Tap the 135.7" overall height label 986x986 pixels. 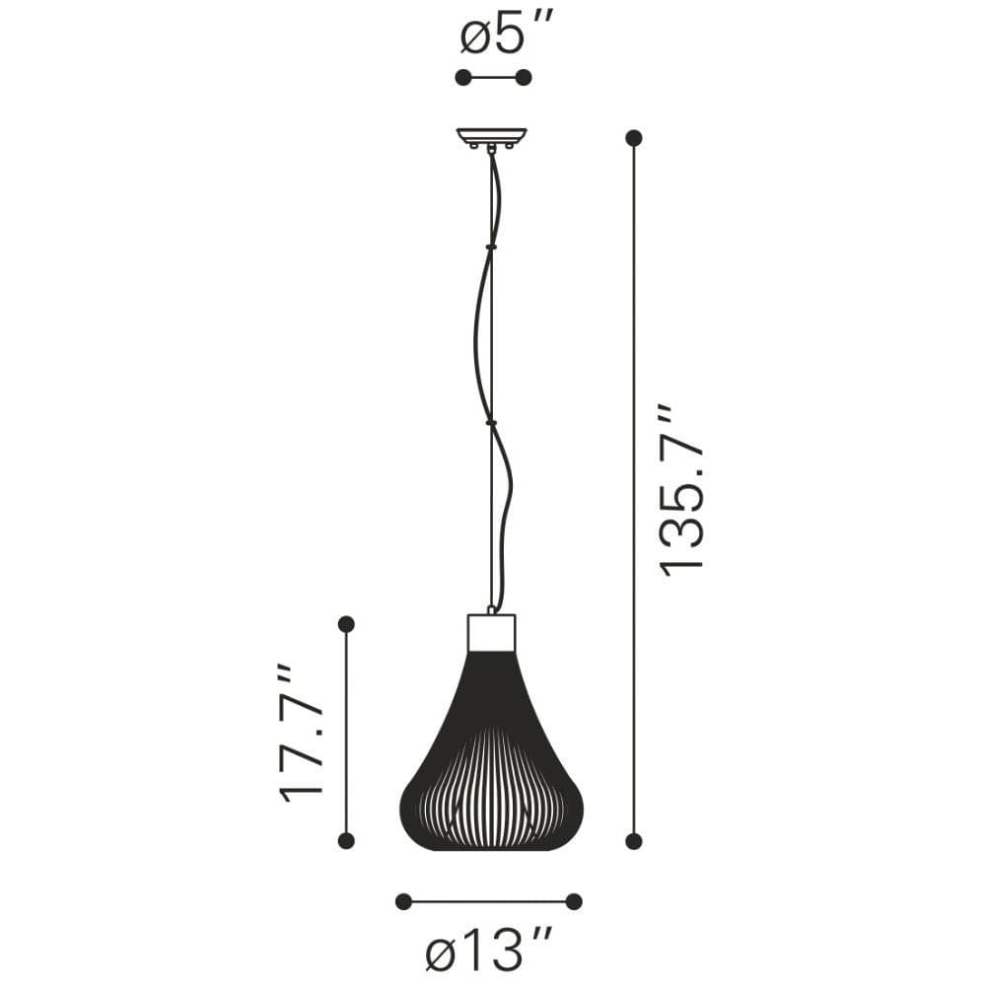pyautogui.click(x=681, y=489)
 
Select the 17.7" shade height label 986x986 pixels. pyautogui.click(x=301, y=732)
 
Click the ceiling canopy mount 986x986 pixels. pyautogui.click(x=491, y=138)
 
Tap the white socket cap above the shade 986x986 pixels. pyautogui.click(x=492, y=633)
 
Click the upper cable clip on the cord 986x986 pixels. pyautogui.click(x=491, y=247)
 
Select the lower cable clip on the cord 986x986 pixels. pyautogui.click(x=491, y=423)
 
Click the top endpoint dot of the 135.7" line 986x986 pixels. pyautogui.click(x=634, y=138)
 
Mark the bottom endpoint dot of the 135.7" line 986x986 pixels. pyautogui.click(x=634, y=841)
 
